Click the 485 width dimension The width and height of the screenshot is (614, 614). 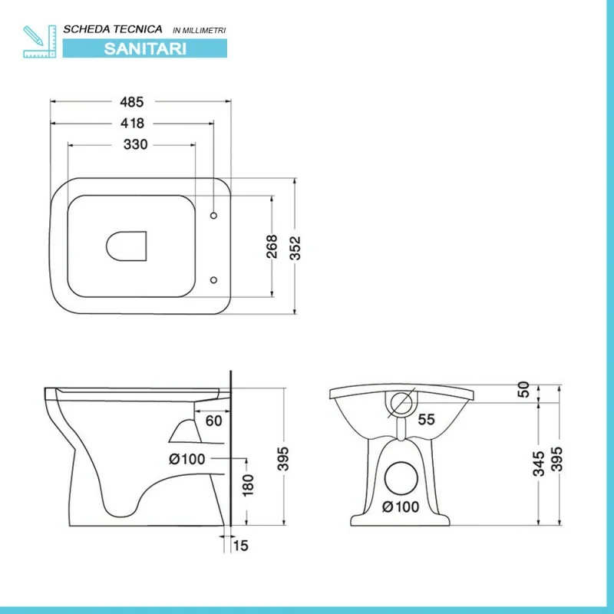[x=131, y=102]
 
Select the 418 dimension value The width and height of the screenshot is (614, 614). [x=132, y=124]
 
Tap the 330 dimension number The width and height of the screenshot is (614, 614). [x=136, y=144]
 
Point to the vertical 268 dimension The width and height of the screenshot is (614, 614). [x=272, y=246]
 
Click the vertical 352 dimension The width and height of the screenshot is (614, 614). [x=295, y=248]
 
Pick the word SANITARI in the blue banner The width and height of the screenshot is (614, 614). [x=145, y=48]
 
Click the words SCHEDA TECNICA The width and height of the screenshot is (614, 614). [x=113, y=29]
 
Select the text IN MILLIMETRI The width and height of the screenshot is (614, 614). [x=200, y=30]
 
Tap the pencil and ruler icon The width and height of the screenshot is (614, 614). [x=40, y=41]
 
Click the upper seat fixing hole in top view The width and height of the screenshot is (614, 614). [x=213, y=216]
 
